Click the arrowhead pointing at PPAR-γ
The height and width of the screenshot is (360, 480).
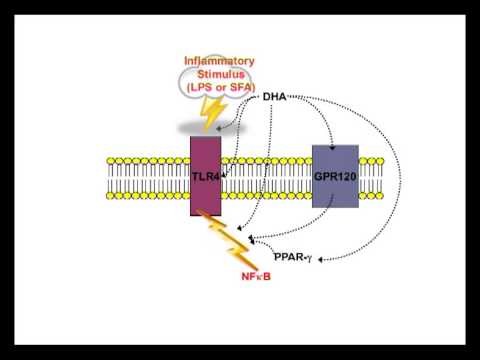pos(325,257)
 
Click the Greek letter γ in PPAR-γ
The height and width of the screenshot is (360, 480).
pos(310,258)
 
